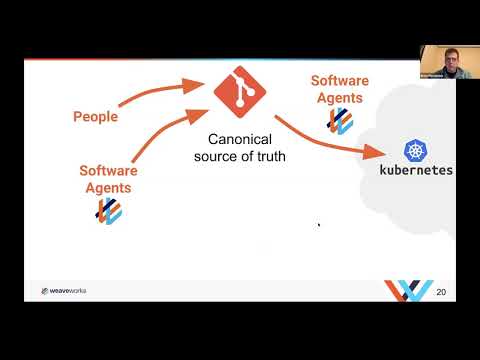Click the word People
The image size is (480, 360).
pyautogui.click(x=95, y=117)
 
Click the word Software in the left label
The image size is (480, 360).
pyautogui.click(x=108, y=170)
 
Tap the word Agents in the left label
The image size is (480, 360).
pyautogui.click(x=108, y=186)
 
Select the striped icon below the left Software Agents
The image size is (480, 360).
pyautogui.click(x=108, y=211)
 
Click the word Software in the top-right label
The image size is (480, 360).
pyautogui.click(x=339, y=81)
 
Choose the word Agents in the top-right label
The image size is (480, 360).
pyautogui.click(x=339, y=97)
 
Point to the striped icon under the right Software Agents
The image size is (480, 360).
pyautogui.click(x=340, y=120)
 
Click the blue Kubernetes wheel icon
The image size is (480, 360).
pyautogui.click(x=415, y=151)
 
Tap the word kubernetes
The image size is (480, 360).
pyautogui.click(x=415, y=170)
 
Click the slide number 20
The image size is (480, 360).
pyautogui.click(x=441, y=292)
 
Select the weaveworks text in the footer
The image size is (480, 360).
pyautogui.click(x=71, y=291)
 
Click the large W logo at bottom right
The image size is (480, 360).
pyautogui.click(x=409, y=290)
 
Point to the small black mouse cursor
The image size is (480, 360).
pyautogui.click(x=319, y=225)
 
